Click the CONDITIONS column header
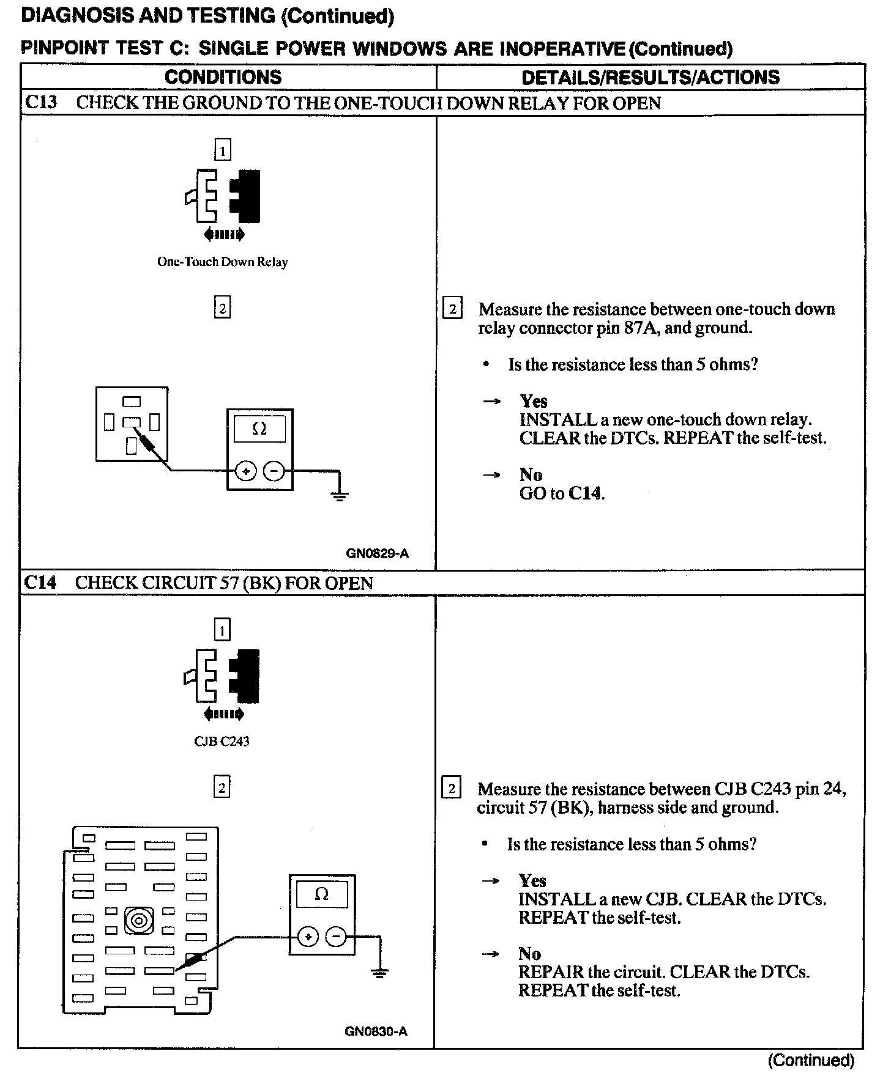[x=223, y=77]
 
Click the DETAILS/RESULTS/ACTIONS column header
[x=651, y=77]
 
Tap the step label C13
[x=41, y=102]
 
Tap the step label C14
[x=40, y=582]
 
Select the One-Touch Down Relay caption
[x=222, y=262]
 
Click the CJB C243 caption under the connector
[x=222, y=742]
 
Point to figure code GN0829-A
[x=377, y=554]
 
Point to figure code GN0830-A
[x=376, y=1031]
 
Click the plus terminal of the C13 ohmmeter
[x=246, y=471]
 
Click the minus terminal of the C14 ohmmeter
[x=335, y=937]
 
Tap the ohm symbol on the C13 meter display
[x=259, y=429]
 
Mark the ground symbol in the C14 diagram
[x=380, y=972]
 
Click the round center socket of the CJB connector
[x=139, y=920]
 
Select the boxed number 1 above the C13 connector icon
[x=222, y=150]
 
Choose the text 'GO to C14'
[x=562, y=493]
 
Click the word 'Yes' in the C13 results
[x=534, y=401]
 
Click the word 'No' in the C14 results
[x=530, y=954]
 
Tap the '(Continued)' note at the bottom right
[x=811, y=1060]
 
